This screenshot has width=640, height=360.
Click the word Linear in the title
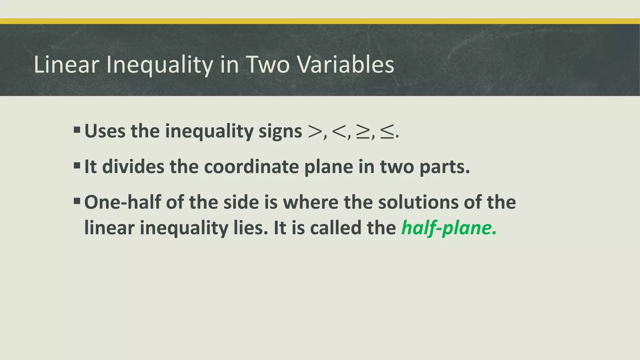click(66, 65)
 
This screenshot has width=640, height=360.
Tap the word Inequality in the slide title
click(159, 65)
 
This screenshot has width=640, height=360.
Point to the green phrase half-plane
click(449, 228)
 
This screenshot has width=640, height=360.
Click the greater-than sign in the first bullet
click(315, 132)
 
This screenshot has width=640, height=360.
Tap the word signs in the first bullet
click(280, 132)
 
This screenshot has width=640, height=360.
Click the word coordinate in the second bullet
click(251, 167)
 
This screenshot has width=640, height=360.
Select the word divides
click(133, 167)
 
